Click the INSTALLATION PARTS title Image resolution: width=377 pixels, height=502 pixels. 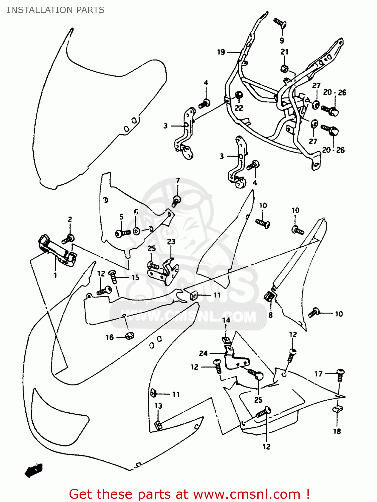55,10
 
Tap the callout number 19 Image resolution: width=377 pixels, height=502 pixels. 221,52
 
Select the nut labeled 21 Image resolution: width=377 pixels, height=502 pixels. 284,69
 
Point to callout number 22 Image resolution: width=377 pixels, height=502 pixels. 239,108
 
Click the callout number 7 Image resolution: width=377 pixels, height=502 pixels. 178,181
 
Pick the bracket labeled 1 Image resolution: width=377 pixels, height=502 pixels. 57,251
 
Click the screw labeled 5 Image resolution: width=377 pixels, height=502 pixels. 122,233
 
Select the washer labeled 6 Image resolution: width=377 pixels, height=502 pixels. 136,231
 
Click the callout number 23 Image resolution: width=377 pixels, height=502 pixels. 171,242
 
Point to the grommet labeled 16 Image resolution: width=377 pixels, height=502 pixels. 130,336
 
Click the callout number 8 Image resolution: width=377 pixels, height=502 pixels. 270,315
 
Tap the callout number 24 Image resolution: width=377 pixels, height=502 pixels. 203,353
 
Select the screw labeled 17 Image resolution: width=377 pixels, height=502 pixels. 340,374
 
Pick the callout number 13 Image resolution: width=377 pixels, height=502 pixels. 158,406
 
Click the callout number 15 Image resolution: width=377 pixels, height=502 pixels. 135,277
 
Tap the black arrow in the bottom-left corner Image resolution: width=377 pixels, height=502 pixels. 34,470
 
